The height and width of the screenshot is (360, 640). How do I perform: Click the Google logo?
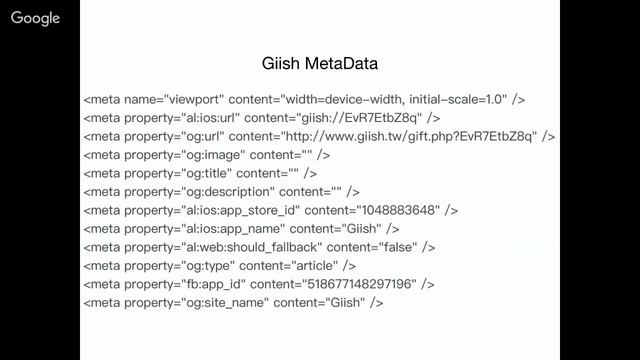[36, 18]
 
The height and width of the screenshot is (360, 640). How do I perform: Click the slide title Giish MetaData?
[320, 64]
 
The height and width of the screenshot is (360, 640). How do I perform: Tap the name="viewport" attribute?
[174, 100]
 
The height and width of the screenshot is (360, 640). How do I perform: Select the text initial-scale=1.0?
[458, 100]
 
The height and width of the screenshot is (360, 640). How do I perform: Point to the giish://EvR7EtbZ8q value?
[359, 118]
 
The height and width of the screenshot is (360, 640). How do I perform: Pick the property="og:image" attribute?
[185, 155]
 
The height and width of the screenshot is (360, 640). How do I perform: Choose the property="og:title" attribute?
[178, 173]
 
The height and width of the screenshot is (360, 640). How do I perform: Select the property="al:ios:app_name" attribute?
[205, 229]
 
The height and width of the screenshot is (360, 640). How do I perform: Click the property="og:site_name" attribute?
[197, 303]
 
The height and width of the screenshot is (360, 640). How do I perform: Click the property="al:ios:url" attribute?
[182, 118]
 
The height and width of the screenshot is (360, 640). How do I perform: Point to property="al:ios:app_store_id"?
[212, 211]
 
